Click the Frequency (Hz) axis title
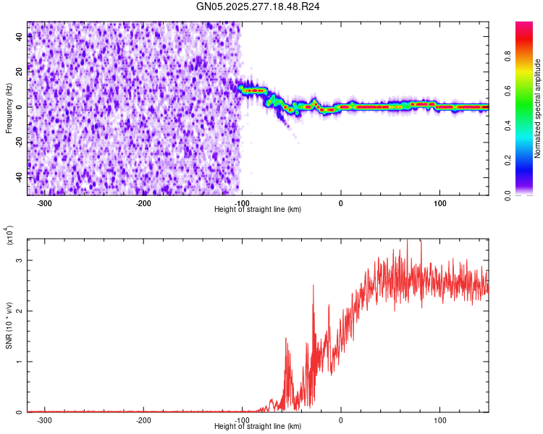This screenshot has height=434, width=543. (x=9, y=109)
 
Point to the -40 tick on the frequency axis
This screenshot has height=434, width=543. (x=20, y=176)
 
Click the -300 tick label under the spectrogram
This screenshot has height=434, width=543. (x=45, y=203)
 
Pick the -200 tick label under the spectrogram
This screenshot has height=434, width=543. (x=143, y=203)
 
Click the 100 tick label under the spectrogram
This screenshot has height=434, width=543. (x=439, y=203)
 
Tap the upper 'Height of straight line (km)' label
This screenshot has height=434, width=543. (x=258, y=209)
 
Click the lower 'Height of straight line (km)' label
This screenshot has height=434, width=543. (x=258, y=426)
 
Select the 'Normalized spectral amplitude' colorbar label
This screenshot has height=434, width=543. (x=538, y=109)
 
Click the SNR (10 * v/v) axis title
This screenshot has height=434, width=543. (x=9, y=325)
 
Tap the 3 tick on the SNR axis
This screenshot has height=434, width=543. (x=20, y=260)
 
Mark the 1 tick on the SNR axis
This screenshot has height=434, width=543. (x=20, y=362)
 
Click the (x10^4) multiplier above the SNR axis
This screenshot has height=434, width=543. (x=9, y=236)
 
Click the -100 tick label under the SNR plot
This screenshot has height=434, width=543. (x=242, y=420)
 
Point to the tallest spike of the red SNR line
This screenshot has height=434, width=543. (x=409, y=241)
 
